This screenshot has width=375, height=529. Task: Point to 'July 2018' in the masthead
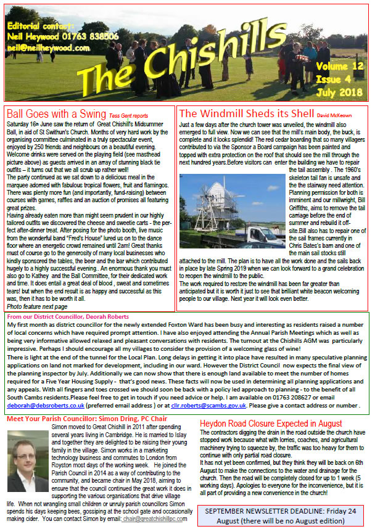(339, 92)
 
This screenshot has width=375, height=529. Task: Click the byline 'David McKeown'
(336, 115)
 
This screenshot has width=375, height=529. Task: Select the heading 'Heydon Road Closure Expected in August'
(279, 424)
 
